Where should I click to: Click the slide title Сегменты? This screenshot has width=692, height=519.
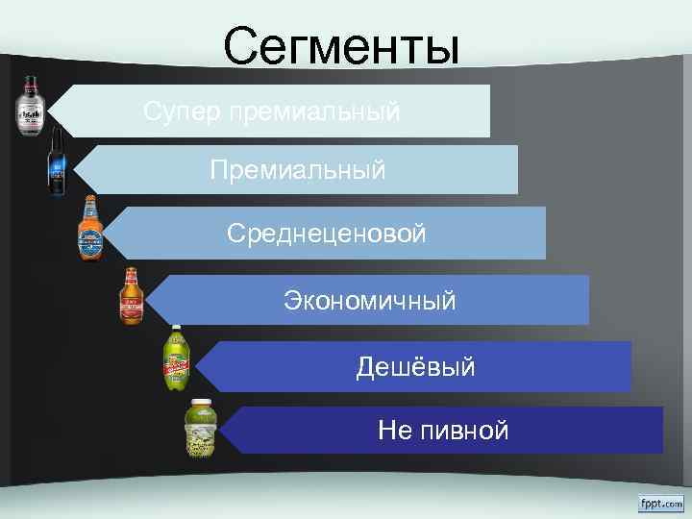click(341, 46)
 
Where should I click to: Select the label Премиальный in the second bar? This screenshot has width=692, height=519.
click(298, 171)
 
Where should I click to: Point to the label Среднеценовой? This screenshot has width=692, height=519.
click(326, 234)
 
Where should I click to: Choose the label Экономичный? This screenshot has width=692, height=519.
click(369, 301)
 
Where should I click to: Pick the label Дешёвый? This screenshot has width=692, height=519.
click(415, 366)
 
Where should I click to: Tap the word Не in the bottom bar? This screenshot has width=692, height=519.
click(394, 430)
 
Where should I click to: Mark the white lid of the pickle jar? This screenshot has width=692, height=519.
click(201, 403)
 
